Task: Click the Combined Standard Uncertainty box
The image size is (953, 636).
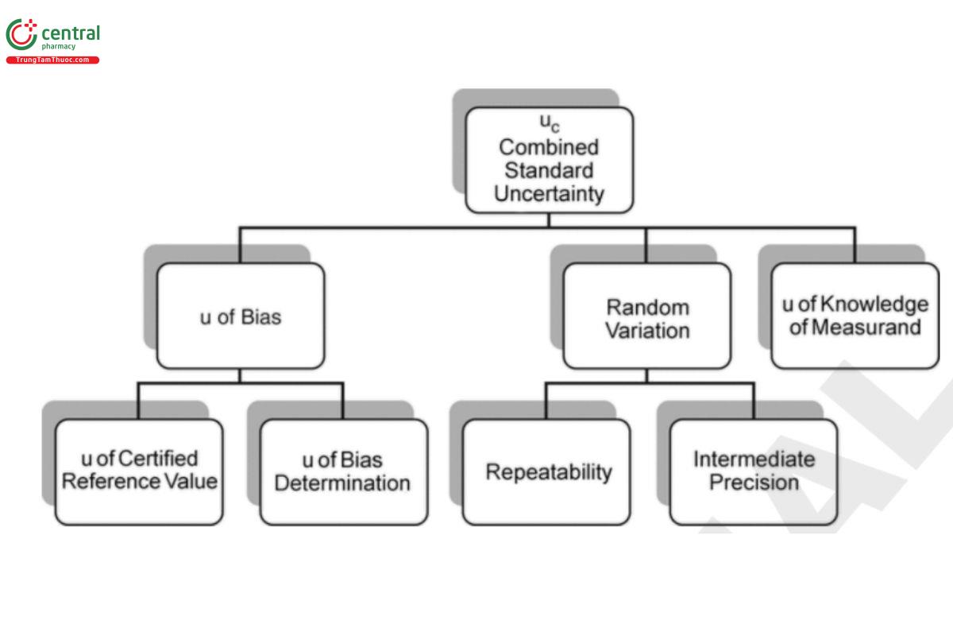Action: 549,160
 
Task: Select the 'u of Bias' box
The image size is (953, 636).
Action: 240,316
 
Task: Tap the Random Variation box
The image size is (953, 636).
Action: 647,316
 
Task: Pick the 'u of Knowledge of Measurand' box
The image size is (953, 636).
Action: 855,316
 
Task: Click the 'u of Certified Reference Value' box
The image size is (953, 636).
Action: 139,471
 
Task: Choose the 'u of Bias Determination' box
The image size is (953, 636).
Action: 343,471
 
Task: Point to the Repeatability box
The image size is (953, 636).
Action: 548,471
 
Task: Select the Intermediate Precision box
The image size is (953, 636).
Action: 754,471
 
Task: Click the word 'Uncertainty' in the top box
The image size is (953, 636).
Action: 549,194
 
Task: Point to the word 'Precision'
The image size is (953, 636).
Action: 754,483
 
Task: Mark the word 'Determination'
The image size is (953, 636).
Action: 343,483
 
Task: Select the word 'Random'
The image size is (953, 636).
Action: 647,307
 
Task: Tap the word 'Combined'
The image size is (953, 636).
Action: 549,147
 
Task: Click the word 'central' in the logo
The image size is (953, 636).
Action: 70,33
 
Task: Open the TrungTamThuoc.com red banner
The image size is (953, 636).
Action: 52,60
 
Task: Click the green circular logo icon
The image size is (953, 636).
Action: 21,34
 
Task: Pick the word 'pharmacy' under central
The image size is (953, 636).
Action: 58,47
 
